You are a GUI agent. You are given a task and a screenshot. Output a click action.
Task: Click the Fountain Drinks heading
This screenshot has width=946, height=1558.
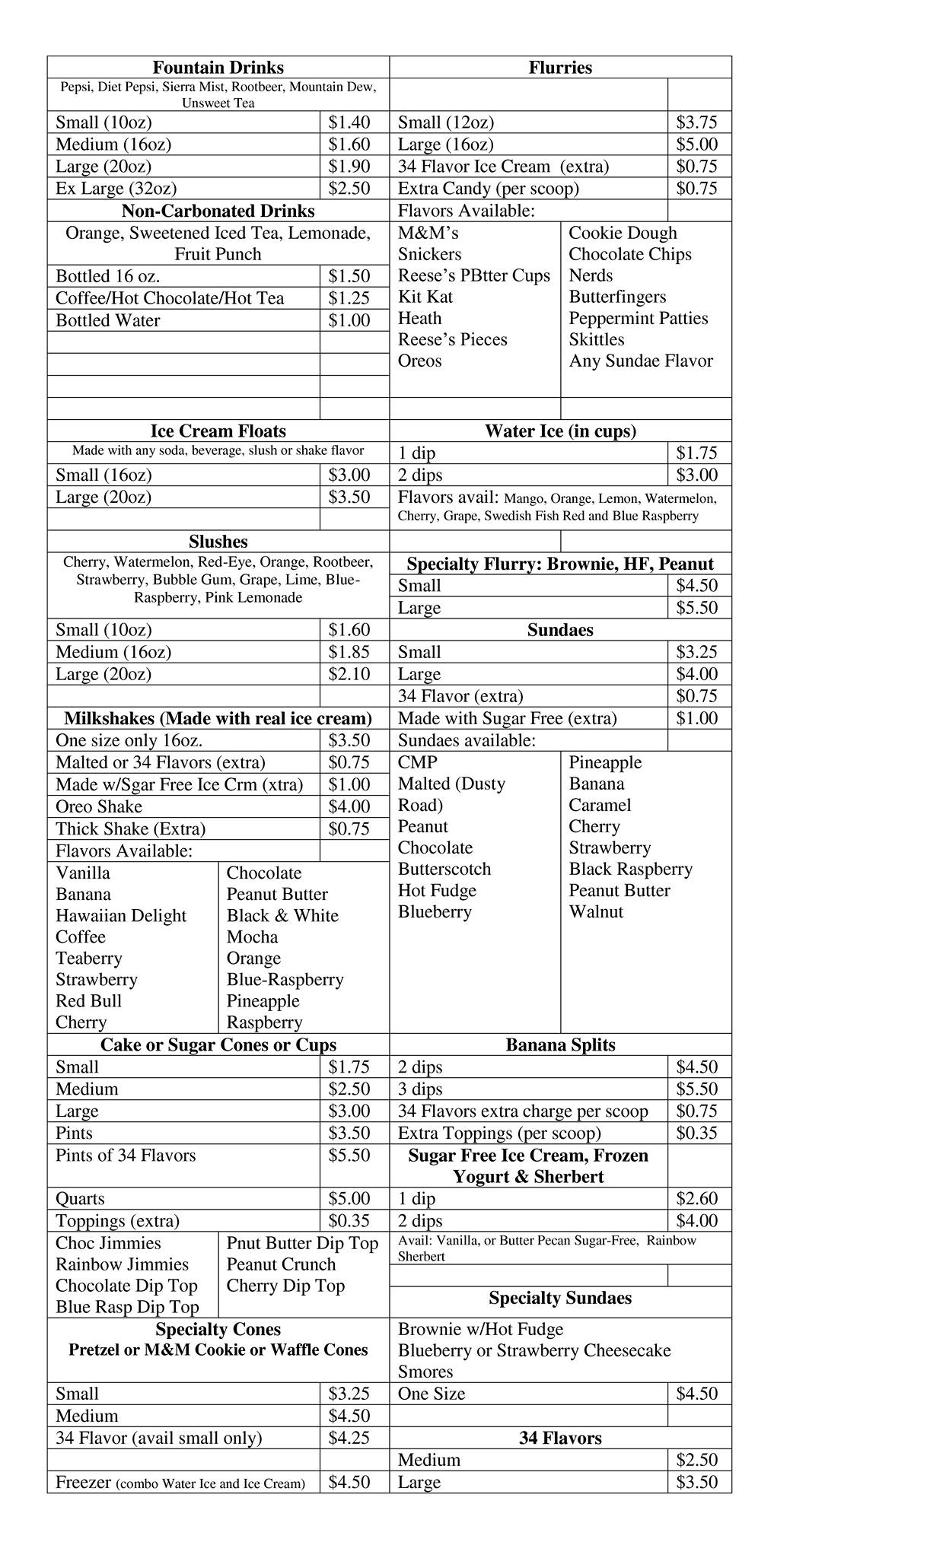pyautogui.click(x=218, y=67)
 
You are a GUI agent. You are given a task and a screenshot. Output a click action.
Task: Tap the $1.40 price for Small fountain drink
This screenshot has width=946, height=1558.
pyautogui.click(x=349, y=122)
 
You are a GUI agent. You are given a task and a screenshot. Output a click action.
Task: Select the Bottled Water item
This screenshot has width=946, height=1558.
pyautogui.click(x=108, y=320)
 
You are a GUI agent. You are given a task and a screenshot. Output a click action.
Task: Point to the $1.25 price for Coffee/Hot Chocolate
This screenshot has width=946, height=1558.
pyautogui.click(x=349, y=298)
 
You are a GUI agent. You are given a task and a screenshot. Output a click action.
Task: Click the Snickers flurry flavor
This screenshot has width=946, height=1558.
pyautogui.click(x=429, y=254)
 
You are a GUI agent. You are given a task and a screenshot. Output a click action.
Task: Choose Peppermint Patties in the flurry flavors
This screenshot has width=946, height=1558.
pyautogui.click(x=638, y=318)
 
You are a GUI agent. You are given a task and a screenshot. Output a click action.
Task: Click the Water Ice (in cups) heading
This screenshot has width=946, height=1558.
pyautogui.click(x=560, y=431)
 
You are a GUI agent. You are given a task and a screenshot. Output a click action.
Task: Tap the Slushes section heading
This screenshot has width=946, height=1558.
pyautogui.click(x=218, y=542)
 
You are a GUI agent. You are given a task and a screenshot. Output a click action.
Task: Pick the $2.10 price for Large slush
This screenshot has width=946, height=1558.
pyautogui.click(x=349, y=674)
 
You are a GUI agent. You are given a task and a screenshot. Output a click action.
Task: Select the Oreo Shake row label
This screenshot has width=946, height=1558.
pyautogui.click(x=99, y=806)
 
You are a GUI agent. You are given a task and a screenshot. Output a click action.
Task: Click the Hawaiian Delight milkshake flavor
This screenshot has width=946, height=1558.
pyautogui.click(x=121, y=915)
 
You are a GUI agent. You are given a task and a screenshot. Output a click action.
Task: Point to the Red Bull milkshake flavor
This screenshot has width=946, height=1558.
pyautogui.click(x=88, y=1000)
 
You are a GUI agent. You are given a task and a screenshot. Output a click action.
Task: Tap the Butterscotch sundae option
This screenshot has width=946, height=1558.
pyautogui.click(x=444, y=869)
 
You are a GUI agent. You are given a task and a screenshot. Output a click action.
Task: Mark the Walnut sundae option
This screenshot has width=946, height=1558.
pyautogui.click(x=596, y=911)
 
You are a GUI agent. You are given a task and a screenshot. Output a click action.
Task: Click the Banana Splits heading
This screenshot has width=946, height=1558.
pyautogui.click(x=560, y=1044)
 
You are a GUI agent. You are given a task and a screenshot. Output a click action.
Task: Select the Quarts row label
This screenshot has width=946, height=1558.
pyautogui.click(x=80, y=1198)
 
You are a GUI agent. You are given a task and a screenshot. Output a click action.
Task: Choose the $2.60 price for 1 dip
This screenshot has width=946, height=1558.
pyautogui.click(x=696, y=1198)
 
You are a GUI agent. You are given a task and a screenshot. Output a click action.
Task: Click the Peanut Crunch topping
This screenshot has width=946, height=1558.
pyautogui.click(x=281, y=1264)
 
